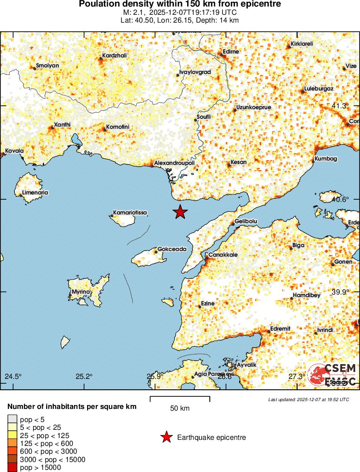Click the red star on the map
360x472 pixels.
(x=180, y=212)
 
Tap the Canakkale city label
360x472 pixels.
(x=223, y=254)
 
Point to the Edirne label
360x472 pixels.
(x=231, y=51)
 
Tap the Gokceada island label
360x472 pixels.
(x=172, y=249)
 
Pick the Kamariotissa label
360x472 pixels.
(x=130, y=213)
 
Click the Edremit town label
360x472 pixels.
(x=280, y=328)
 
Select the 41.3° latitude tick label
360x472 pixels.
(x=340, y=106)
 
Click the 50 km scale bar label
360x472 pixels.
(x=180, y=408)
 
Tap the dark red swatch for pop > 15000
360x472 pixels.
(x=12, y=468)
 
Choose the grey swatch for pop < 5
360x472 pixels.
(x=12, y=419)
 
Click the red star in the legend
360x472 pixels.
(x=166, y=438)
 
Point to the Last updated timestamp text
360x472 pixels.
(x=309, y=399)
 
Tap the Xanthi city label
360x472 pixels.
(x=61, y=125)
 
